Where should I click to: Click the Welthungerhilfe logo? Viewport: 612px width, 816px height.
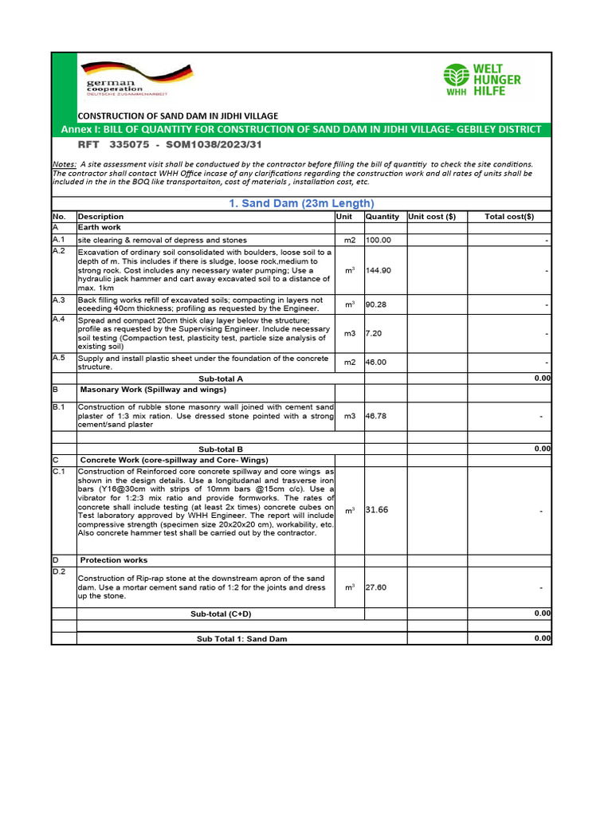point(481,80)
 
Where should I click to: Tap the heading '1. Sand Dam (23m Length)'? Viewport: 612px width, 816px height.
point(301,203)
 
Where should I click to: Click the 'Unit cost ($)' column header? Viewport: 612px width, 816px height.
point(432,217)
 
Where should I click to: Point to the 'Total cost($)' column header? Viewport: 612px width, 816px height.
point(509,217)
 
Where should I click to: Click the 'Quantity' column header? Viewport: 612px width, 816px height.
point(382,217)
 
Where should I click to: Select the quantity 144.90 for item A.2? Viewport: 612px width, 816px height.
point(379,271)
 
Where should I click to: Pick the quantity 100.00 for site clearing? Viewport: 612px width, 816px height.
point(379,240)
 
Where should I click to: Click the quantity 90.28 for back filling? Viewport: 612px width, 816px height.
point(376,304)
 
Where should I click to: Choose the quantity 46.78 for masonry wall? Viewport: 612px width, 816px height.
point(376,416)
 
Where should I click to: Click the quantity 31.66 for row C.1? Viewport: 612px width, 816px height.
point(377,510)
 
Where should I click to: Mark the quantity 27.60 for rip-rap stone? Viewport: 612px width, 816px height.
point(376,587)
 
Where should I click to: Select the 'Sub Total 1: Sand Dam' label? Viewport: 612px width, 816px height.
point(242,639)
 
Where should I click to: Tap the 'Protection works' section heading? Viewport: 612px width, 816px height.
point(115,560)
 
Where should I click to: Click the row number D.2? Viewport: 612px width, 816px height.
point(59,571)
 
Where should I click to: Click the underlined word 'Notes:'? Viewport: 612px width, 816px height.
point(65,164)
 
